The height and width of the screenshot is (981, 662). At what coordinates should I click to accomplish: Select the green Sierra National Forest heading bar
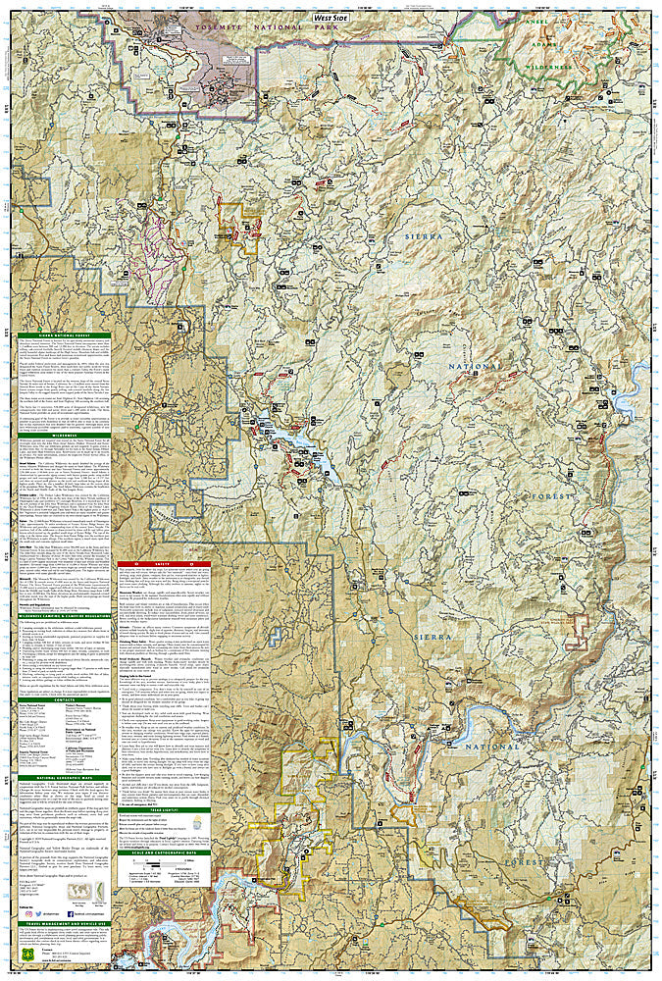click(62, 336)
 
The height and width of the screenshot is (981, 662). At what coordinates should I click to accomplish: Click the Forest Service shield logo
click(22, 962)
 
